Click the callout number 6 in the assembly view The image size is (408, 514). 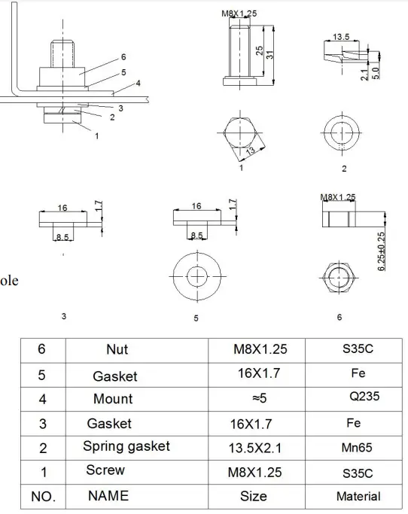[x=123, y=57]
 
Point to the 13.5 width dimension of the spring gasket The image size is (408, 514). [x=341, y=36]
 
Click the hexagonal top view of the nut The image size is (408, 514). [x=339, y=278]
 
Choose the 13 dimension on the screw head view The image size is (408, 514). [x=249, y=151]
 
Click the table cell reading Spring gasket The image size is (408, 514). [x=126, y=446]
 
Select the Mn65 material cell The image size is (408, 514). [x=358, y=447]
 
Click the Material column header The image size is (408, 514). [x=358, y=496]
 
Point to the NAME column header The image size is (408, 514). [x=108, y=495]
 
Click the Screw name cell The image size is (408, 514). [x=105, y=471]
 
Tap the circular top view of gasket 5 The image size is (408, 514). [x=197, y=275]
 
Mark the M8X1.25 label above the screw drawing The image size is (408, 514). [x=239, y=14]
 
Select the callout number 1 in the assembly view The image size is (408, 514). [x=96, y=136]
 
